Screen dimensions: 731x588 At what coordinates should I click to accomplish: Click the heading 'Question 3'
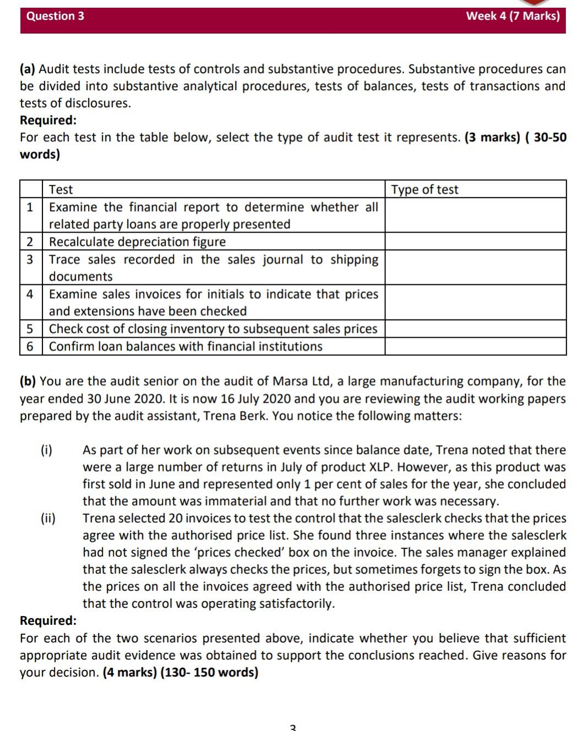(55, 16)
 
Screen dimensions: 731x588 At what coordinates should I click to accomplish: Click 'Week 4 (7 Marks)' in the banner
(513, 16)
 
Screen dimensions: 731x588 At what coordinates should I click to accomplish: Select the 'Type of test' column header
(424, 190)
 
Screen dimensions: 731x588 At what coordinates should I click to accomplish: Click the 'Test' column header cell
(61, 190)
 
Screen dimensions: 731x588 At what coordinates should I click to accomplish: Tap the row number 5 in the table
(30, 329)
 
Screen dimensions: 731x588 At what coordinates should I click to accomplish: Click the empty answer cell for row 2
(475, 242)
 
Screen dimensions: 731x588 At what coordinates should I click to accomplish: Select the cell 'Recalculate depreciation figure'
(138, 242)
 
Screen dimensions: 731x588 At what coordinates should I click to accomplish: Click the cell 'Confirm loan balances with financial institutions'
(186, 347)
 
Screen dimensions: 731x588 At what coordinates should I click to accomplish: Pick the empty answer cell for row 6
(475, 347)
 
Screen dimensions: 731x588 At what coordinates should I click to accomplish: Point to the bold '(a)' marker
(28, 69)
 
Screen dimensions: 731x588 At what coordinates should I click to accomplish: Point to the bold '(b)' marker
(28, 382)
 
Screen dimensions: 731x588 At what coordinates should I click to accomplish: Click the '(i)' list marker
(47, 450)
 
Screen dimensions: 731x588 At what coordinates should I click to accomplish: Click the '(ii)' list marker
(48, 518)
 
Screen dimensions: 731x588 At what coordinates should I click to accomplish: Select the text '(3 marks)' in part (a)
(492, 138)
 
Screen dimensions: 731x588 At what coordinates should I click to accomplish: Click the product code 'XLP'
(379, 467)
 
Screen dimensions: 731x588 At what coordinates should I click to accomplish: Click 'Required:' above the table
(48, 120)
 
